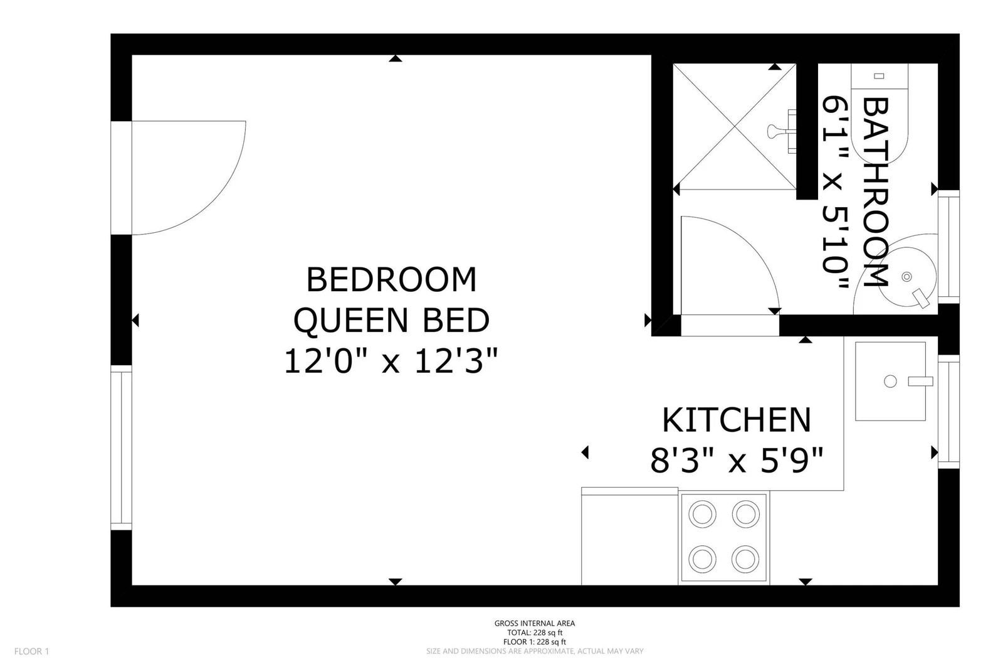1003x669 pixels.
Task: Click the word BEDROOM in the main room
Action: pos(391,279)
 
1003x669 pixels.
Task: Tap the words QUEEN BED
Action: pos(391,321)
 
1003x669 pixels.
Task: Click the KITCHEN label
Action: pos(737,420)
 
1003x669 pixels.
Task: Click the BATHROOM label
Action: pos(875,192)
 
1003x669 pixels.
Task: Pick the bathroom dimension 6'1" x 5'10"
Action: pos(836,192)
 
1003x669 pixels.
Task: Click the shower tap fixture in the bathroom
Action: pos(782,131)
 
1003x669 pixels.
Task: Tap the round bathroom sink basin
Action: pos(906,277)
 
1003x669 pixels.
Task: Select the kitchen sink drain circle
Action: pos(890,382)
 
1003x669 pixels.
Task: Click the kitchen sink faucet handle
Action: pos(920,382)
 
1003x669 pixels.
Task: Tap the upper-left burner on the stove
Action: pos(702,514)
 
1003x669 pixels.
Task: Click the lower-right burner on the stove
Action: pos(745,559)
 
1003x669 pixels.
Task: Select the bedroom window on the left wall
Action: pos(122,447)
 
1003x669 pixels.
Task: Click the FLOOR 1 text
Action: pos(31,651)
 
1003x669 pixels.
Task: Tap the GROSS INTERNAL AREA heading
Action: pos(535,623)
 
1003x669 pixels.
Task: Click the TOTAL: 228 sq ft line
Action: pos(535,633)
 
